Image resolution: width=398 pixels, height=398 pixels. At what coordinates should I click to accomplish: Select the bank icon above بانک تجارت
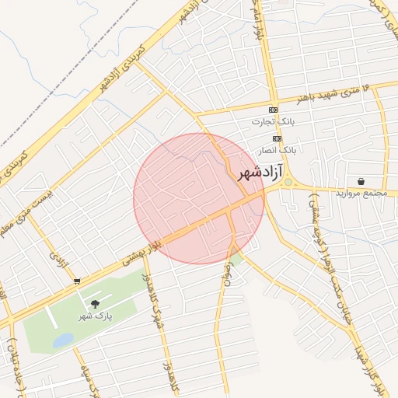tap(272, 110)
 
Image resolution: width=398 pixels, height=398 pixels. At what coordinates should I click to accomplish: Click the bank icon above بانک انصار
tap(276, 138)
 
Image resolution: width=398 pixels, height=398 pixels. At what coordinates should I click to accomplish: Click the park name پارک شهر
tap(96, 316)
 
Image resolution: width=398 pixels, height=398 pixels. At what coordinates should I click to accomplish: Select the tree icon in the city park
tap(96, 305)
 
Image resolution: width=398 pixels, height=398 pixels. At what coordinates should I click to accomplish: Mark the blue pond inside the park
tap(64, 340)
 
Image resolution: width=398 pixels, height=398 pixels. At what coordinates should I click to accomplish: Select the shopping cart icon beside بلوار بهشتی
tap(76, 281)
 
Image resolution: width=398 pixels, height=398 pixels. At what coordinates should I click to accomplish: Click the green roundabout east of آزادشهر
tap(288, 182)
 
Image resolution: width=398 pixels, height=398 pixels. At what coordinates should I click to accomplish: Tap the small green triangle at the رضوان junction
tap(237, 256)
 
